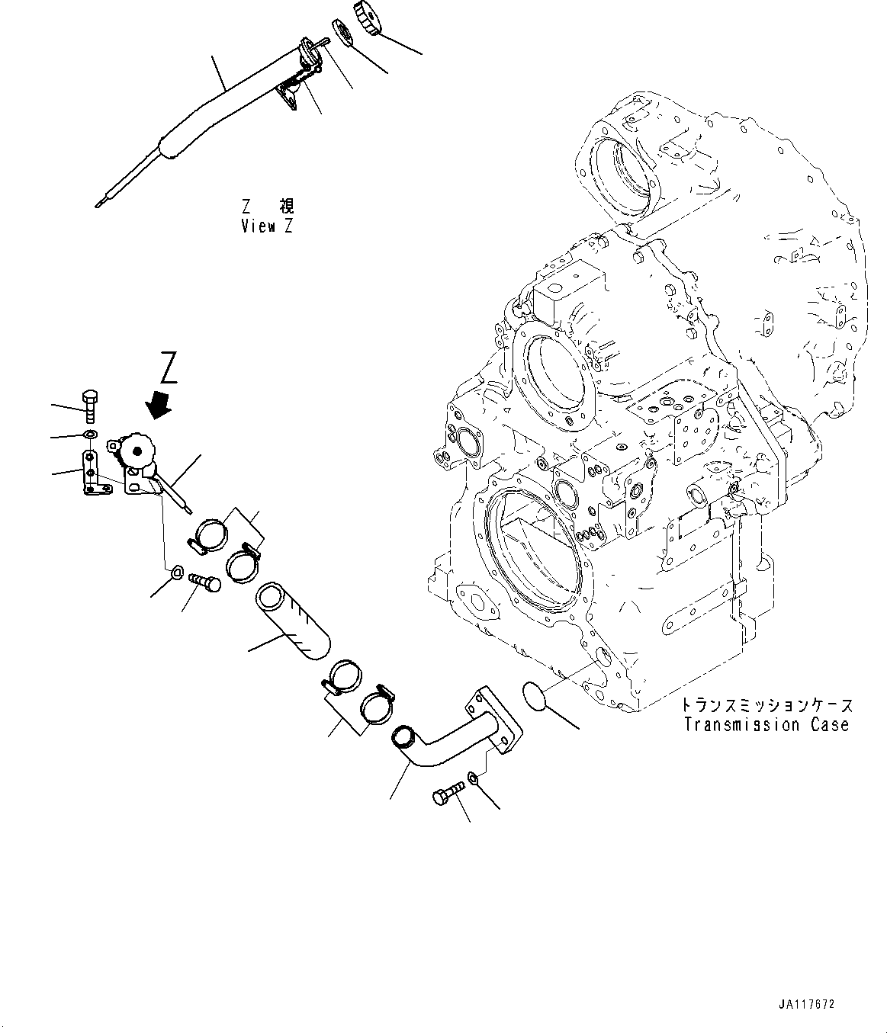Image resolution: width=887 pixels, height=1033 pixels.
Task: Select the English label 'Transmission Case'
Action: [x=766, y=724]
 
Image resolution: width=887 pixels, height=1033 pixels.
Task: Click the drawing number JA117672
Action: [x=808, y=1005]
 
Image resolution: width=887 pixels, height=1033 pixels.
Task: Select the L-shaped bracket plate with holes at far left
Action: [x=91, y=473]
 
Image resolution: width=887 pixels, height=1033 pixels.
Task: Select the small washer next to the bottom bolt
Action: [x=472, y=778]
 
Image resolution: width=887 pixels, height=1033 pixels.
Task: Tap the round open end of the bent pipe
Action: [x=402, y=737]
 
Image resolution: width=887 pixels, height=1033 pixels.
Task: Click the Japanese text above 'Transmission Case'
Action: [x=766, y=705]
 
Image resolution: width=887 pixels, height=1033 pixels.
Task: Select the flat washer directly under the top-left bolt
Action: [x=89, y=434]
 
